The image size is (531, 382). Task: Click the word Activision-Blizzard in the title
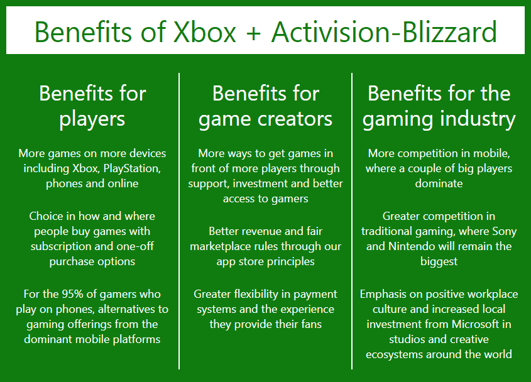pos(384,31)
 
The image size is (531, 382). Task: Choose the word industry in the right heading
pos(477,118)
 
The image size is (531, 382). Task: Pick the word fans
pos(310,324)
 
